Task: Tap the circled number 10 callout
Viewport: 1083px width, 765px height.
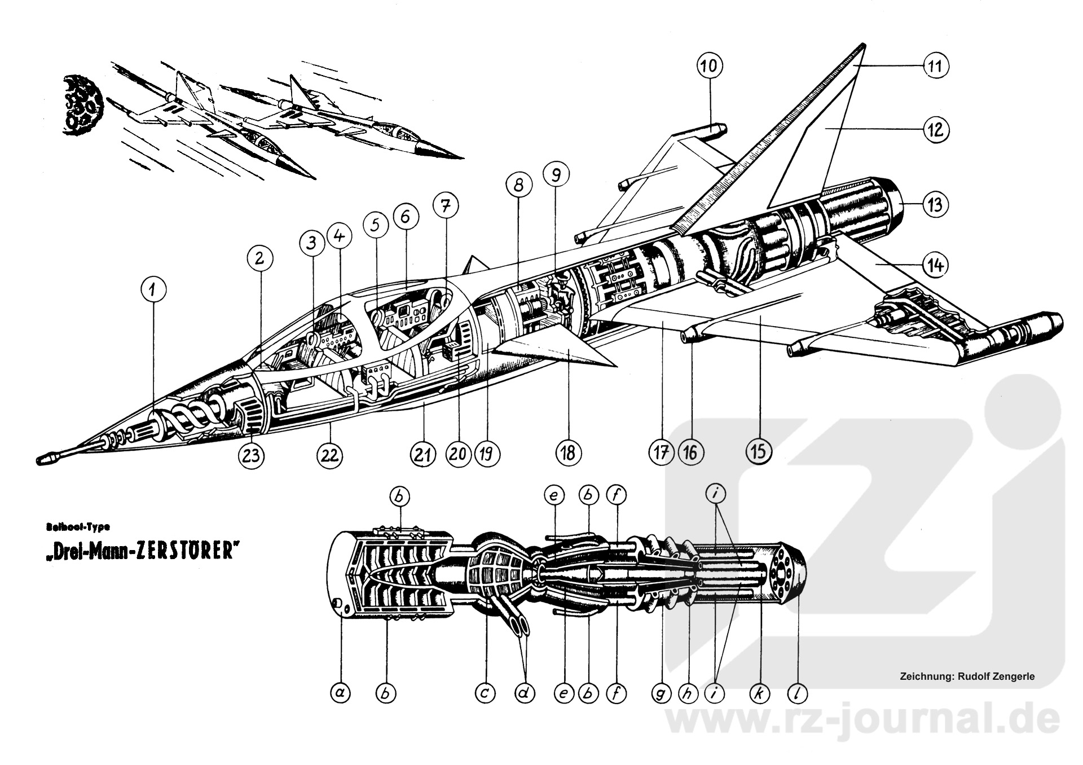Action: [709, 66]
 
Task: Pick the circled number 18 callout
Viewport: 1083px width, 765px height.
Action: [568, 452]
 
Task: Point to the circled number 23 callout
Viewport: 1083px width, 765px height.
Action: [252, 454]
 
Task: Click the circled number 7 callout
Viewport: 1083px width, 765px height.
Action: [446, 207]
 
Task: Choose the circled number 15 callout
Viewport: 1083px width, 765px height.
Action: [759, 451]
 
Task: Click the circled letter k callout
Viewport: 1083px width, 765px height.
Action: [759, 693]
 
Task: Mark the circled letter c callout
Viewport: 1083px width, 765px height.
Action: [484, 693]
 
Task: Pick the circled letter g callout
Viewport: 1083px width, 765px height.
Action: [661, 693]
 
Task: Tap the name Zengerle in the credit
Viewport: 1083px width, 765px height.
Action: [1013, 676]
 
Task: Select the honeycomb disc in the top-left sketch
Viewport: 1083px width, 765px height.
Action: [82, 102]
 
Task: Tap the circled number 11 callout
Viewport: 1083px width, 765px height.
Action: [935, 66]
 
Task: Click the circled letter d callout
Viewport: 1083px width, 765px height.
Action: [525, 693]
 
